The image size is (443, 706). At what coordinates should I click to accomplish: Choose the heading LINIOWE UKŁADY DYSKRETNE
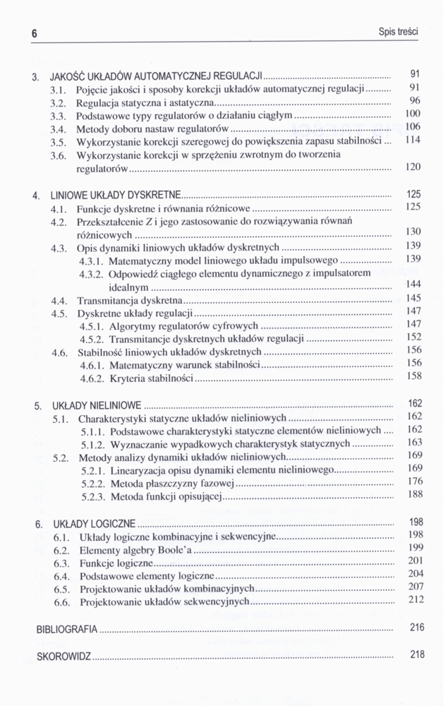(116, 194)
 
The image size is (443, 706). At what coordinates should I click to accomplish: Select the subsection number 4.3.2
(92, 273)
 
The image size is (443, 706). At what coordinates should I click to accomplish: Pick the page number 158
(414, 376)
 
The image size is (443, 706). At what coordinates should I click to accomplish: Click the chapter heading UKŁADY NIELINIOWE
(97, 406)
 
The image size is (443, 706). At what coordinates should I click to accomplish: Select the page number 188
(415, 495)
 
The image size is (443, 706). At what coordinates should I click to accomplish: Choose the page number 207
(415, 587)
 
